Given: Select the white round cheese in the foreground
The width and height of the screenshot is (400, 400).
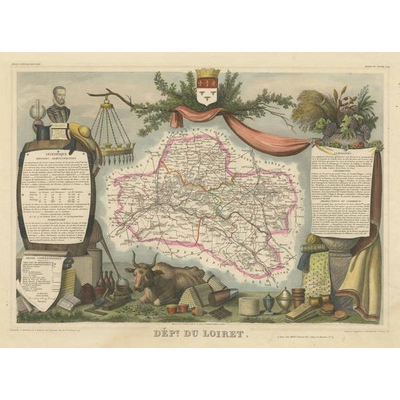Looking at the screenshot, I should tap(249, 307).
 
